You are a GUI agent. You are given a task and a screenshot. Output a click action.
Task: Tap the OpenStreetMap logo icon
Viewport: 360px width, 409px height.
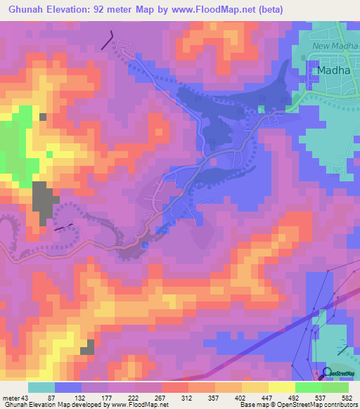point(327,372)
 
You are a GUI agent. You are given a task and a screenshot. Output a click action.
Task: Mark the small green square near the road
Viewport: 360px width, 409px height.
point(261,110)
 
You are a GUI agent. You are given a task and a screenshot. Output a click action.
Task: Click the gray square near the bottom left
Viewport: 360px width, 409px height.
point(87,346)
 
